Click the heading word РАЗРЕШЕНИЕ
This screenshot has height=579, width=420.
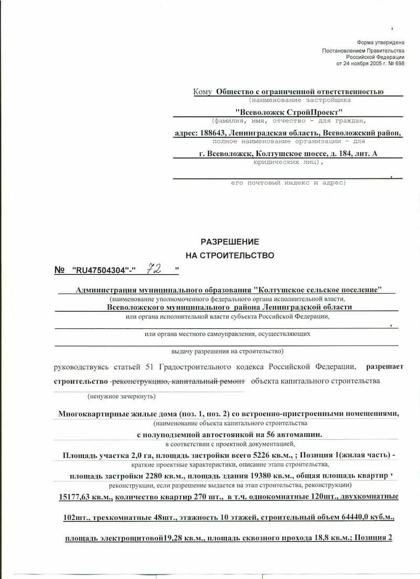229,242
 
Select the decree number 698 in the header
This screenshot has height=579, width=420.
399,63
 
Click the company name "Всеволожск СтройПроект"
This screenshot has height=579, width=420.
288,112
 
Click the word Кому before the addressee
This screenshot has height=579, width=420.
202,91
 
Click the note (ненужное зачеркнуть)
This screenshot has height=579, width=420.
121,397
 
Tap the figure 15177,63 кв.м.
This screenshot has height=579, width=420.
85,497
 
